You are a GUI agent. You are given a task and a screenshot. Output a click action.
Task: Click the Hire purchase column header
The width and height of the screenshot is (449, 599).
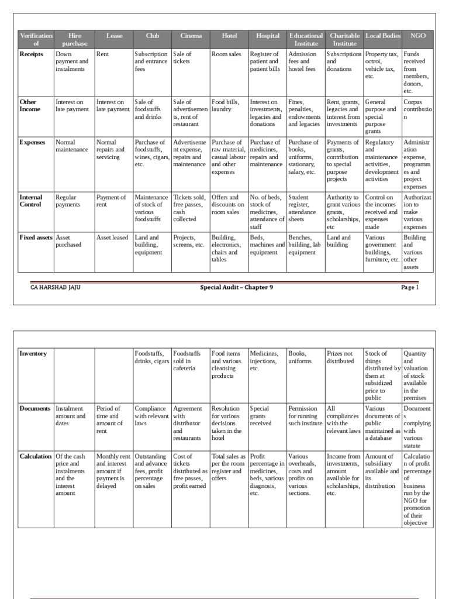[74, 40]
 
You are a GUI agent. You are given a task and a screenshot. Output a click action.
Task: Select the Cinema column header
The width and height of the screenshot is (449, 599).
[191, 36]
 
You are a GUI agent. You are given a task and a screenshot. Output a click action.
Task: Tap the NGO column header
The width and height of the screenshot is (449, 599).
[418, 36]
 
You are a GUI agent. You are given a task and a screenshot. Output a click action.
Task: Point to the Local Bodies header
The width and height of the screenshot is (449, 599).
[383, 36]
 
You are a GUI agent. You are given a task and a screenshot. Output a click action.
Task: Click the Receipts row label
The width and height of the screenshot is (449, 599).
[32, 54]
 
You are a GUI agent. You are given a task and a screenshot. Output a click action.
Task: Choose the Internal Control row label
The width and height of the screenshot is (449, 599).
[32, 201]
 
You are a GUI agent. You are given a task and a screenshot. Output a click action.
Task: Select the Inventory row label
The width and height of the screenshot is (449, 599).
[33, 353]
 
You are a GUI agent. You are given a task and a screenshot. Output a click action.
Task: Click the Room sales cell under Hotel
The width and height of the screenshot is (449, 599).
[226, 54]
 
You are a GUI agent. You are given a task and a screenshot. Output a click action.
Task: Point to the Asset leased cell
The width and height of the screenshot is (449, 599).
[112, 237]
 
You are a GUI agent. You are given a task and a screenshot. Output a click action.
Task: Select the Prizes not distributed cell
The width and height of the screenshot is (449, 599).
[340, 357]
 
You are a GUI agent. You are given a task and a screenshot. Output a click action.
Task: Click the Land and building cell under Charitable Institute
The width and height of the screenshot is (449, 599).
[339, 241]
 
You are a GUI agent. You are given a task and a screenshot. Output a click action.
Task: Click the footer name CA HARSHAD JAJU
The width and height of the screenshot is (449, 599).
[56, 287]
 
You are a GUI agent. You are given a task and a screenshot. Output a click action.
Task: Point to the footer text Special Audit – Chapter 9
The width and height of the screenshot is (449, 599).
[236, 287]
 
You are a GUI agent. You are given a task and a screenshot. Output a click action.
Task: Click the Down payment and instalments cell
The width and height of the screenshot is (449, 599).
[72, 61]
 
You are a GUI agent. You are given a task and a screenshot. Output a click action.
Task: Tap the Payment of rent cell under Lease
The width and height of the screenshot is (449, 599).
[111, 201]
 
